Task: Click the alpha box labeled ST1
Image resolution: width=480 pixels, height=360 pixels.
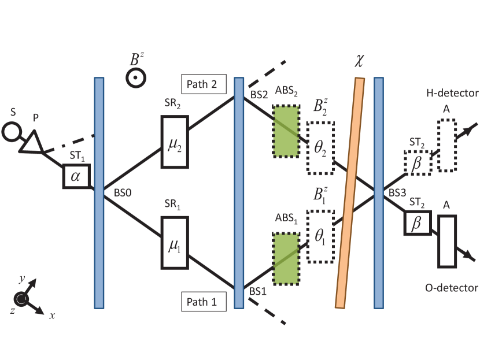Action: click(x=76, y=176)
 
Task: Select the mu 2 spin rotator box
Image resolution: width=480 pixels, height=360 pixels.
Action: click(x=175, y=142)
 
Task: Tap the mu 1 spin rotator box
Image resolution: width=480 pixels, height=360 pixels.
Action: click(x=175, y=243)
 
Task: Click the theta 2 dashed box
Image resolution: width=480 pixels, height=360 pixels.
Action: click(x=320, y=148)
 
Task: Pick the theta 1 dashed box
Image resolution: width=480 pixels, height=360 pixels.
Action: click(x=320, y=236)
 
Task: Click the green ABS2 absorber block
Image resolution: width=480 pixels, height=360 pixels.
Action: click(x=286, y=131)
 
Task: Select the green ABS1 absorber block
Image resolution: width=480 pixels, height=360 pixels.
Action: click(x=286, y=258)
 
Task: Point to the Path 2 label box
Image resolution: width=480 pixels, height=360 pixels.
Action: click(x=202, y=84)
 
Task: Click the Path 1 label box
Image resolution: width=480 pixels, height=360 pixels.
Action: click(x=202, y=301)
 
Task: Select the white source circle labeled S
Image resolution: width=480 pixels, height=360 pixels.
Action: click(x=12, y=132)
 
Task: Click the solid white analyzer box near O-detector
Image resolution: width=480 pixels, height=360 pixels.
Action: click(x=447, y=241)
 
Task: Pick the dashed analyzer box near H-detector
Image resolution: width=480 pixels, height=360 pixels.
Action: click(x=447, y=145)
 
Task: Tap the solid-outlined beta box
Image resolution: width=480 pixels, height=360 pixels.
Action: click(x=416, y=222)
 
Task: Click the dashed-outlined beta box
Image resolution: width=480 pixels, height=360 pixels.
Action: click(x=418, y=163)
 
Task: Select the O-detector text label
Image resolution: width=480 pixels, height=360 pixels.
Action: click(x=452, y=288)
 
